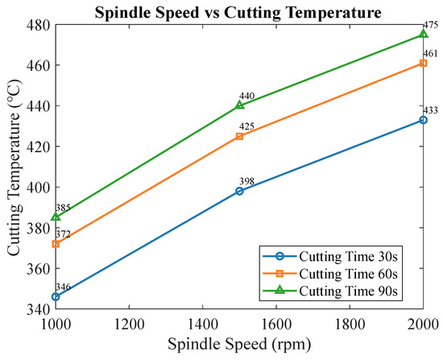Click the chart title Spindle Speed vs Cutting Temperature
[238, 13]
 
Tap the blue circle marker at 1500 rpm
[239, 192]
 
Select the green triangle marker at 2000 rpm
[423, 34]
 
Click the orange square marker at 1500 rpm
[239, 136]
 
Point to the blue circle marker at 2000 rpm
[423, 120]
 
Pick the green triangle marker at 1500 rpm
[239, 106]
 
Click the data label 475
[430, 25]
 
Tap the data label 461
[430, 53]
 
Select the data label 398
[247, 181]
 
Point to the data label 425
[247, 126]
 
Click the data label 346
[63, 287]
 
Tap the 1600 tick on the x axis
[276, 307]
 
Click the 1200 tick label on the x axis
[129, 325]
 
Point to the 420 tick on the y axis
[57, 147]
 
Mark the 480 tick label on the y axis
[39, 25]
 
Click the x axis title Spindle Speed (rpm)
[239, 345]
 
